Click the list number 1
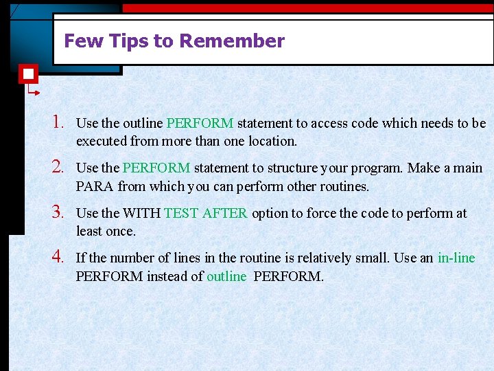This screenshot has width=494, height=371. (x=57, y=122)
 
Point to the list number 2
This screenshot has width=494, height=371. (x=57, y=167)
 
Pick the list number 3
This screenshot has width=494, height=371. (x=57, y=212)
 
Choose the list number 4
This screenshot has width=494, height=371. (x=57, y=257)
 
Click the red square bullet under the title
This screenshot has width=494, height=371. (x=28, y=74)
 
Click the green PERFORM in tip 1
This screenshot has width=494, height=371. (x=200, y=124)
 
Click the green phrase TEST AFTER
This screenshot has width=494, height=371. (x=206, y=214)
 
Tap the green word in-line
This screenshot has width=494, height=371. (x=456, y=258)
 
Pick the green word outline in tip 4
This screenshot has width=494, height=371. (x=226, y=277)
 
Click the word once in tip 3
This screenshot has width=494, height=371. (x=122, y=232)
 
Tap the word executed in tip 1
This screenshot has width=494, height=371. (x=101, y=142)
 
